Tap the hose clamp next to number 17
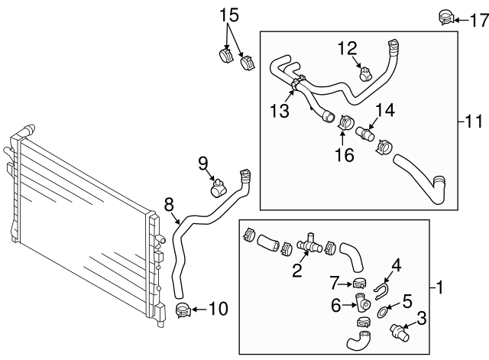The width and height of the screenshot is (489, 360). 445,17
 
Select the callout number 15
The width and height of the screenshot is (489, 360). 230,15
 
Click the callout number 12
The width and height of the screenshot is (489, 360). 348,49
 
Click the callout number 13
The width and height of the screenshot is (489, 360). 280,112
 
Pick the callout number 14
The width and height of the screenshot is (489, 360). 384,110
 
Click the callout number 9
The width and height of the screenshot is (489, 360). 204,162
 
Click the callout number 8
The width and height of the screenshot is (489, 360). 170,204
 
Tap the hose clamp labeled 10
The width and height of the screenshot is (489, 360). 183,310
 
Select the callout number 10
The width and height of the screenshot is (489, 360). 218,310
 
